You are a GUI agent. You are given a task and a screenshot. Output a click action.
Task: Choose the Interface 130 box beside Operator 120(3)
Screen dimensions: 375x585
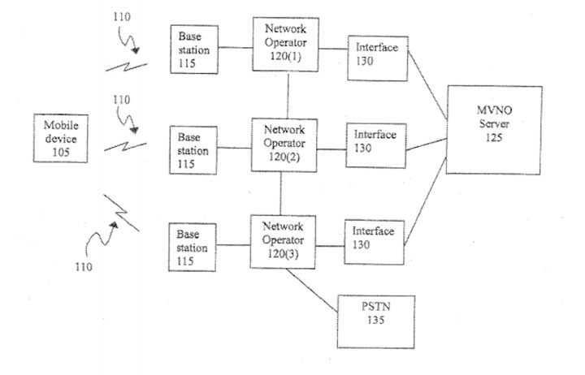[375, 240]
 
